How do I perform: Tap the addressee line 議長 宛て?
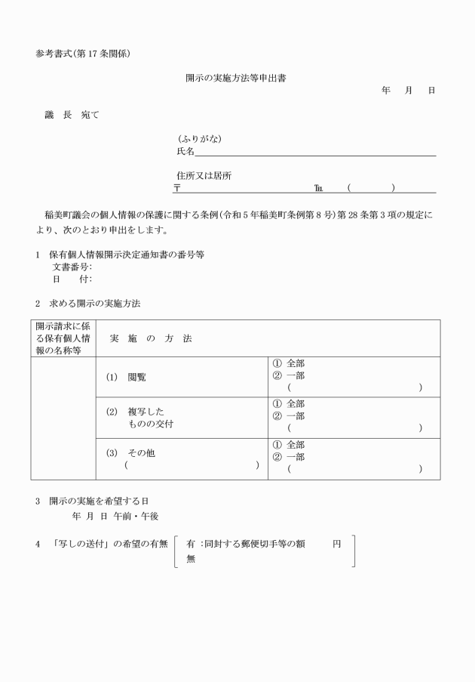point(72,115)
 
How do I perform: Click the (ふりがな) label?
point(199,139)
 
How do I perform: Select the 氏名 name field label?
point(185,152)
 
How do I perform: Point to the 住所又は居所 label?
point(204,176)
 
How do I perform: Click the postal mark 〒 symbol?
point(177,188)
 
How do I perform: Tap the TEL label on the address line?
point(319,188)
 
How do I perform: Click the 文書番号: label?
point(72,267)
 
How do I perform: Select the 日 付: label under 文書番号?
point(72,279)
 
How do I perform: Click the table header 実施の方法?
point(151,338)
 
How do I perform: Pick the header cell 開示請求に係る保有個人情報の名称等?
point(63,338)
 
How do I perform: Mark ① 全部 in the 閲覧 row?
point(289,363)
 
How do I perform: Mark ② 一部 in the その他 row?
point(289,457)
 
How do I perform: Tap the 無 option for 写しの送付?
point(191,559)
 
